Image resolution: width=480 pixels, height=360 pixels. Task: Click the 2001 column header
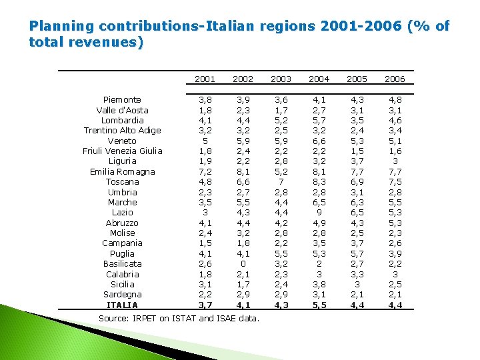pos(205,79)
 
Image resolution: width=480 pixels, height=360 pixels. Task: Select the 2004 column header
pos(319,79)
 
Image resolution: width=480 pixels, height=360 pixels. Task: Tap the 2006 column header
pos(395,79)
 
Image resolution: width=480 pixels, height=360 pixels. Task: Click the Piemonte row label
pos(122,100)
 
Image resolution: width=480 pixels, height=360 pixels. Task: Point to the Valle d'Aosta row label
pos(122,110)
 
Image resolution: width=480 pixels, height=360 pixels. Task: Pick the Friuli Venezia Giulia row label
pos(122,151)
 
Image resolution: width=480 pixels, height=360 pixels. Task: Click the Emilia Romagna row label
pos(122,171)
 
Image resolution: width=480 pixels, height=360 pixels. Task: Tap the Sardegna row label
pos(122,294)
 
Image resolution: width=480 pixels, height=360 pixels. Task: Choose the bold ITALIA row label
pos(122,305)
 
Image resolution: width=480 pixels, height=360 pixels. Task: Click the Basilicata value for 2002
pos(243,263)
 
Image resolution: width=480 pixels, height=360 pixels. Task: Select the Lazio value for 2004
pos(319,213)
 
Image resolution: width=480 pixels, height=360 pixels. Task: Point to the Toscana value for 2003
pos(281,181)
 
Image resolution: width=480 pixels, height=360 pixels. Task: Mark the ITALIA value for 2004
pos(319,305)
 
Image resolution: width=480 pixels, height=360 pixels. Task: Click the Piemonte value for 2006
pos(395,100)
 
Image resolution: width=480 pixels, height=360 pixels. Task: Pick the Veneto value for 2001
pos(205,141)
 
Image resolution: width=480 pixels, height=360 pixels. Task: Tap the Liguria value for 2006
pos(395,161)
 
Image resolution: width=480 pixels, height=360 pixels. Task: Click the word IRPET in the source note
pos(151,319)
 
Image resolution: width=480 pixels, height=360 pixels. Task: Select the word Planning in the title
pos(61,26)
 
